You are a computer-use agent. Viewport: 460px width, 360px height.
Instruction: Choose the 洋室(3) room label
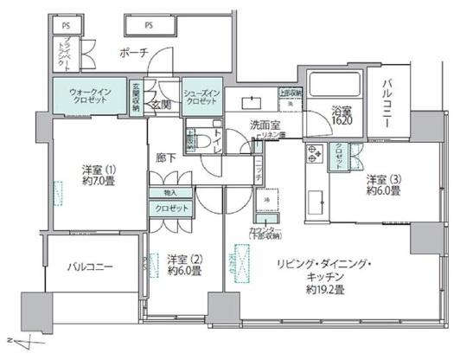382,180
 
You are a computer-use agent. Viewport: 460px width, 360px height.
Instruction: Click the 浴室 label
342,111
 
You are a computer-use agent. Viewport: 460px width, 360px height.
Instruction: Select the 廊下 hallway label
167,158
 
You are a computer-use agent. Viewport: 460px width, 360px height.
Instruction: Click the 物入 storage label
168,193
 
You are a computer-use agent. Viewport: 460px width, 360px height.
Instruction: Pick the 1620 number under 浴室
342,122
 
